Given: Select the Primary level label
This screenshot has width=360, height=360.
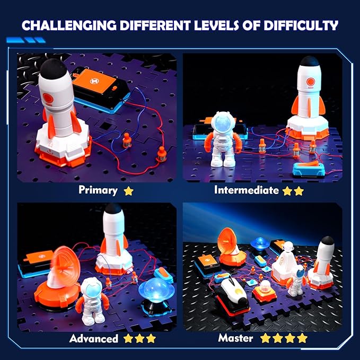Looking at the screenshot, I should (99, 190).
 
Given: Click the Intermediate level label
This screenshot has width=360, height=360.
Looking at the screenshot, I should (246, 190).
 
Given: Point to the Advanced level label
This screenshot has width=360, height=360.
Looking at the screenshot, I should (93, 338).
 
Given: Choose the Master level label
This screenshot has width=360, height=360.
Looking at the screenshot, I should (235, 338).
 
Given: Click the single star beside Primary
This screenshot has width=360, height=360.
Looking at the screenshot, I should (128, 190).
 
